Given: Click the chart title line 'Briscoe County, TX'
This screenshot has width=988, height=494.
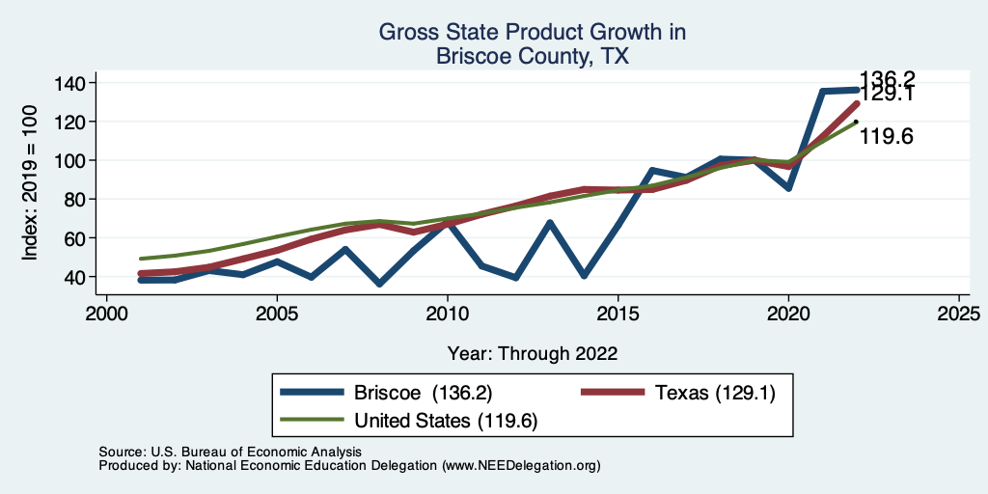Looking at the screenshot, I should coord(532,56).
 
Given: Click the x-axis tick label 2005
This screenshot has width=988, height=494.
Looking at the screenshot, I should coord(277,315).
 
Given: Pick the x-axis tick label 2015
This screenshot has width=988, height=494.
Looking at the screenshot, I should coord(617,315).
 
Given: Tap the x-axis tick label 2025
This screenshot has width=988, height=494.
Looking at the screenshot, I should coord(958,315).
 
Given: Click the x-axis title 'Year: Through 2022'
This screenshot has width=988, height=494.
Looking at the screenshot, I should coord(532,352).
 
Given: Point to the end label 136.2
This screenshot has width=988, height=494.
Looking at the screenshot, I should coord(887,79).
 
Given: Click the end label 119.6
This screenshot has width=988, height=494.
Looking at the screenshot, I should coord(887,137).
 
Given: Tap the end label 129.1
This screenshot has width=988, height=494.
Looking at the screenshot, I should coord(887,96).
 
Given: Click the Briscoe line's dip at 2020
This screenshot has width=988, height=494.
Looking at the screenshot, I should coord(788,187).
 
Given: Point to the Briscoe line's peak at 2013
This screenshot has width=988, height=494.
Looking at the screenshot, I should coord(550,223).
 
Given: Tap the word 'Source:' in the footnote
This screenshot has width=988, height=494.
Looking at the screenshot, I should coord(122,452).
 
